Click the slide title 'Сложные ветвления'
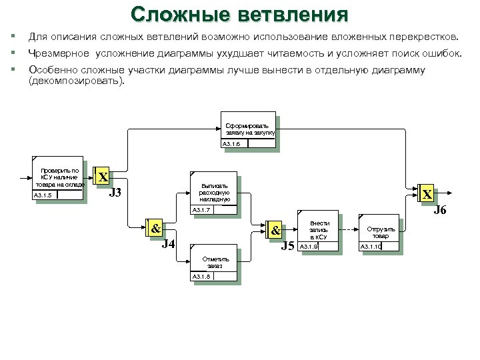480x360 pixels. [239, 14]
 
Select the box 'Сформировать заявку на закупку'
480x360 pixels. [248, 127]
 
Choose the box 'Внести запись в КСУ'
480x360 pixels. [318, 229]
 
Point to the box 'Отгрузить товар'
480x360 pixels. [379, 232]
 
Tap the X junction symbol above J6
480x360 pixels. [426, 194]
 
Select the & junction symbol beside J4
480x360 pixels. [155, 229]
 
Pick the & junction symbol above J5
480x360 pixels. [275, 230]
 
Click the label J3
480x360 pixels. [115, 194]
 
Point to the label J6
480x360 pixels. [440, 211]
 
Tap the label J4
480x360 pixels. [169, 244]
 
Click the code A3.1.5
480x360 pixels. [44, 195]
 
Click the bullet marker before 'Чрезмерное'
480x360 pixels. [11, 52]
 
